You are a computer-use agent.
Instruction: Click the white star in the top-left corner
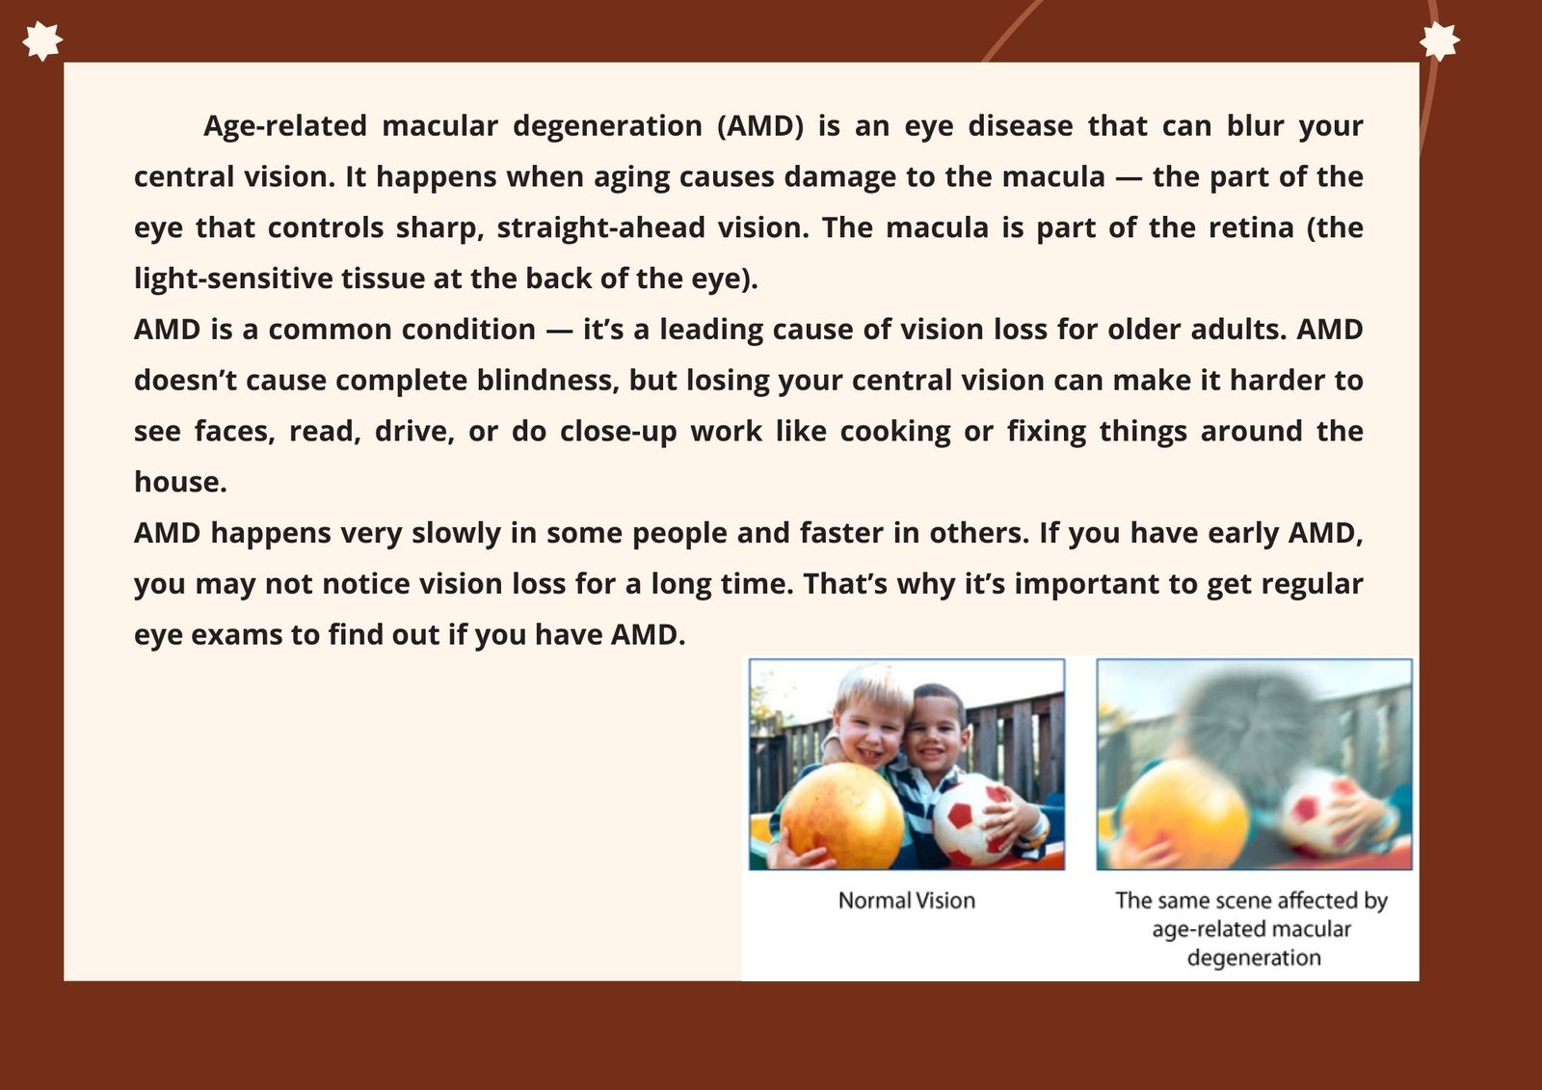[42, 40]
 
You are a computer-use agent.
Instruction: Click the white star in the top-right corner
[1440, 40]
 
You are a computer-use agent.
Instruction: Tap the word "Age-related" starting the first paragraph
[285, 126]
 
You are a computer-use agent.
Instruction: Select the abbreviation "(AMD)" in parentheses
[760, 126]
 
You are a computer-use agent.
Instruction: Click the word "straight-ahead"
[601, 228]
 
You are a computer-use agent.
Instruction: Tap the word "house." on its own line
[180, 482]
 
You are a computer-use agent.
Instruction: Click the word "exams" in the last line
[236, 635]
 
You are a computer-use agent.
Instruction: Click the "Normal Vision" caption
[907, 901]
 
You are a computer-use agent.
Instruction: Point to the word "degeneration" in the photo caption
[1254, 958]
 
